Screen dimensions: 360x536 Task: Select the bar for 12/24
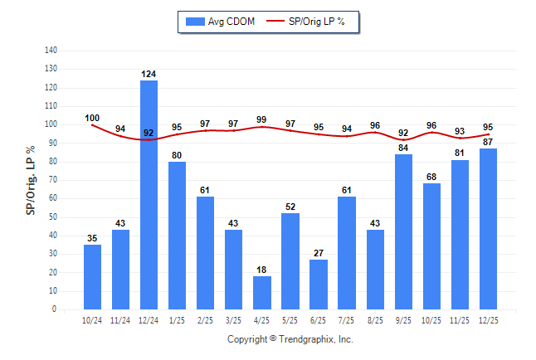click(149, 195)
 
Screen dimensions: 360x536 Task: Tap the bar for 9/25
click(403, 231)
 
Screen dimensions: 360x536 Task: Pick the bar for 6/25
click(319, 285)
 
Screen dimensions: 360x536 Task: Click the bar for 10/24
click(93, 277)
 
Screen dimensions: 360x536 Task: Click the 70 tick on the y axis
click(53, 180)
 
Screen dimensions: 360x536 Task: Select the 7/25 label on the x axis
click(347, 319)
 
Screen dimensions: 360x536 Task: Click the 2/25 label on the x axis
click(206, 319)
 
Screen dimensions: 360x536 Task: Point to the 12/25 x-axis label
click(488, 319)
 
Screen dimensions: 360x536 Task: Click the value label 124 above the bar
click(149, 75)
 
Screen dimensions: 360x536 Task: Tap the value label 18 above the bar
click(262, 270)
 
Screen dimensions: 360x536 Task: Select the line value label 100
click(92, 118)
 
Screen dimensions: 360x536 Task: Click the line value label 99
click(262, 119)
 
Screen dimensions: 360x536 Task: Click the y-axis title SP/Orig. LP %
click(31, 180)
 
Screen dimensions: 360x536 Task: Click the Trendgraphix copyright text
click(290, 339)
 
